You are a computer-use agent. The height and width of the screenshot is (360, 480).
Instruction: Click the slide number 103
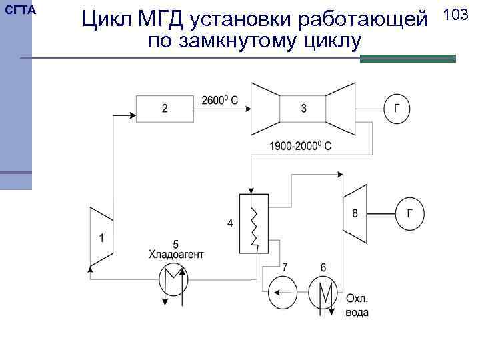click(455, 15)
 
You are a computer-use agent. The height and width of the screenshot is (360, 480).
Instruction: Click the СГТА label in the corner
click(20, 11)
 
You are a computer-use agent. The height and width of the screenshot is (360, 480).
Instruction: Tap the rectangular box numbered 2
click(164, 107)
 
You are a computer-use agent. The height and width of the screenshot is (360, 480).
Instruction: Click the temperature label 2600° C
click(219, 101)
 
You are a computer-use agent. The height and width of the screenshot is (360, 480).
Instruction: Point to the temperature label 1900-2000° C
click(301, 145)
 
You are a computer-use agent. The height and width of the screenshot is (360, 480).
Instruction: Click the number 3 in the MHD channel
click(303, 108)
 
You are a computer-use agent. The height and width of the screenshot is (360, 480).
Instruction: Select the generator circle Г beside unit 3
click(398, 108)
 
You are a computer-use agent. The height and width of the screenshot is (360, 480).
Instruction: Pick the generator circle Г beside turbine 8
click(410, 214)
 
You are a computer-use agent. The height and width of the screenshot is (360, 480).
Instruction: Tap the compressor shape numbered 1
click(101, 237)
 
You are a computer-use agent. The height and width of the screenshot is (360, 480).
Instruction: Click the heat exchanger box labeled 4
click(253, 224)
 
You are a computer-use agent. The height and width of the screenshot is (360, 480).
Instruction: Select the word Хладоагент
click(176, 254)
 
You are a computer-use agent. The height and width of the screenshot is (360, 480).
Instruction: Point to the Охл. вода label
click(357, 305)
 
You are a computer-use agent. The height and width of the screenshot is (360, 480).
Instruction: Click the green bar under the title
click(407, 59)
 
